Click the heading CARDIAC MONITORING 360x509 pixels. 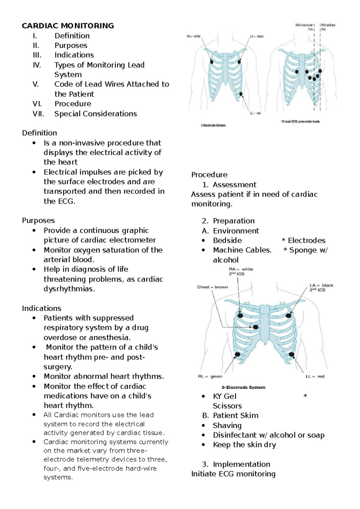[x=68, y=26]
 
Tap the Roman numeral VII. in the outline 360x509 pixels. [x=38, y=114]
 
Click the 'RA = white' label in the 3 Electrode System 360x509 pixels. [x=193, y=36]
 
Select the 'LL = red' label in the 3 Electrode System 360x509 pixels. [x=255, y=113]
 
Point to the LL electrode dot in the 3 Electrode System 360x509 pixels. [x=241, y=94]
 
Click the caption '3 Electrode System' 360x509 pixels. [x=213, y=125]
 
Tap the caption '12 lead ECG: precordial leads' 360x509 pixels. [x=300, y=122]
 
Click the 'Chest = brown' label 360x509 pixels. [x=212, y=287]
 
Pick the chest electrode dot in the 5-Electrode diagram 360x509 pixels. [x=256, y=327]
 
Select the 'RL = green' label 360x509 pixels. [x=210, y=376]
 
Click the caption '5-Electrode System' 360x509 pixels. [x=244, y=387]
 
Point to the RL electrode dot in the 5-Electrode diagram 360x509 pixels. [x=238, y=354]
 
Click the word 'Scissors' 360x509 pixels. [x=227, y=406]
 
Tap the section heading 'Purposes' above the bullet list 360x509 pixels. [x=38, y=220]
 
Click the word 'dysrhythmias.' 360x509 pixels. [x=69, y=289]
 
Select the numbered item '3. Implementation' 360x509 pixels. [x=236, y=464]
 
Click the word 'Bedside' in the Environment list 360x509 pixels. [x=227, y=240]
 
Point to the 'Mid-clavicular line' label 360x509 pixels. [x=305, y=27]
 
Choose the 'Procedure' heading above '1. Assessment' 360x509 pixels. [x=209, y=175]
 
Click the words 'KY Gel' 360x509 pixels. [x=225, y=396]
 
